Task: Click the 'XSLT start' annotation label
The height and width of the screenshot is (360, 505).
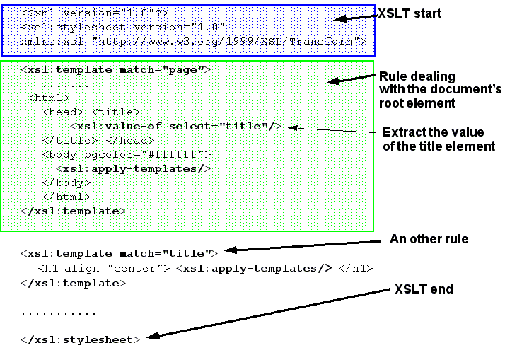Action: pos(409,13)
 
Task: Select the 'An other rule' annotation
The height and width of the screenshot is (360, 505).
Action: pos(429,239)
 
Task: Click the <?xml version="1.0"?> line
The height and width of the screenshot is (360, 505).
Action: pos(95,13)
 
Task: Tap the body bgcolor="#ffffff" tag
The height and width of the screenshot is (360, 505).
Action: pos(127,154)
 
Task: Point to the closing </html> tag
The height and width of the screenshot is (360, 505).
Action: pos(66,197)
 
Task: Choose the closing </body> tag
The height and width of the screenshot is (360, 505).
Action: pos(66,182)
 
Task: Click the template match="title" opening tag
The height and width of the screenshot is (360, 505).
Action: pos(120,252)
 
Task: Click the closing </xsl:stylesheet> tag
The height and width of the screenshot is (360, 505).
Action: pos(80,339)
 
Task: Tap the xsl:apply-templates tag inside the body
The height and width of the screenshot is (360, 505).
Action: pos(134,168)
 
